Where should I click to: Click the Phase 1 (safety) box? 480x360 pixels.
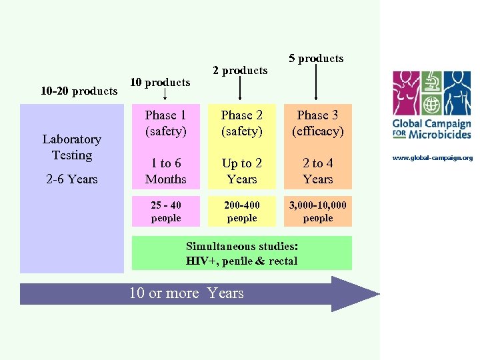[165, 123]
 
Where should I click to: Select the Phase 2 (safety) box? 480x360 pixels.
[241, 123]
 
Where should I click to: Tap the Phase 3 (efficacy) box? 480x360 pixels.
[317, 123]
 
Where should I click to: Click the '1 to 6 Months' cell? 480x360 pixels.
[165, 171]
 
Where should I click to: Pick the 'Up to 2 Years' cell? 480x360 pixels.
[241, 171]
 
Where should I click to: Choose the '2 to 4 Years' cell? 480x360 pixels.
[317, 171]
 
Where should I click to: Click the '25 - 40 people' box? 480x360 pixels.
[165, 211]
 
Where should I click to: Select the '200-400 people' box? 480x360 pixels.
[241, 211]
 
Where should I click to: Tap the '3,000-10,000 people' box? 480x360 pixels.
[317, 211]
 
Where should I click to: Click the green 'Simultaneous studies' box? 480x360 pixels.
[241, 253]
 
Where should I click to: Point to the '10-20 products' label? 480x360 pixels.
[79, 91]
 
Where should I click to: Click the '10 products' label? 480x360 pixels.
[160, 82]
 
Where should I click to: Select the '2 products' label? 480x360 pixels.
[240, 70]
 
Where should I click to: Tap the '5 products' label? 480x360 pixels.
[316, 58]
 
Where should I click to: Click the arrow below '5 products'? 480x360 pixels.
[316, 83]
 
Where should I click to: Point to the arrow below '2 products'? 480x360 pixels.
[240, 89]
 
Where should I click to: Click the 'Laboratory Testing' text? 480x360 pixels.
[71, 147]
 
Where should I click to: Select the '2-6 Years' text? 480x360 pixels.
[72, 179]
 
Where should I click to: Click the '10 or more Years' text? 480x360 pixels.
[187, 293]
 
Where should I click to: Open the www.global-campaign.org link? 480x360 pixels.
[432, 158]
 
